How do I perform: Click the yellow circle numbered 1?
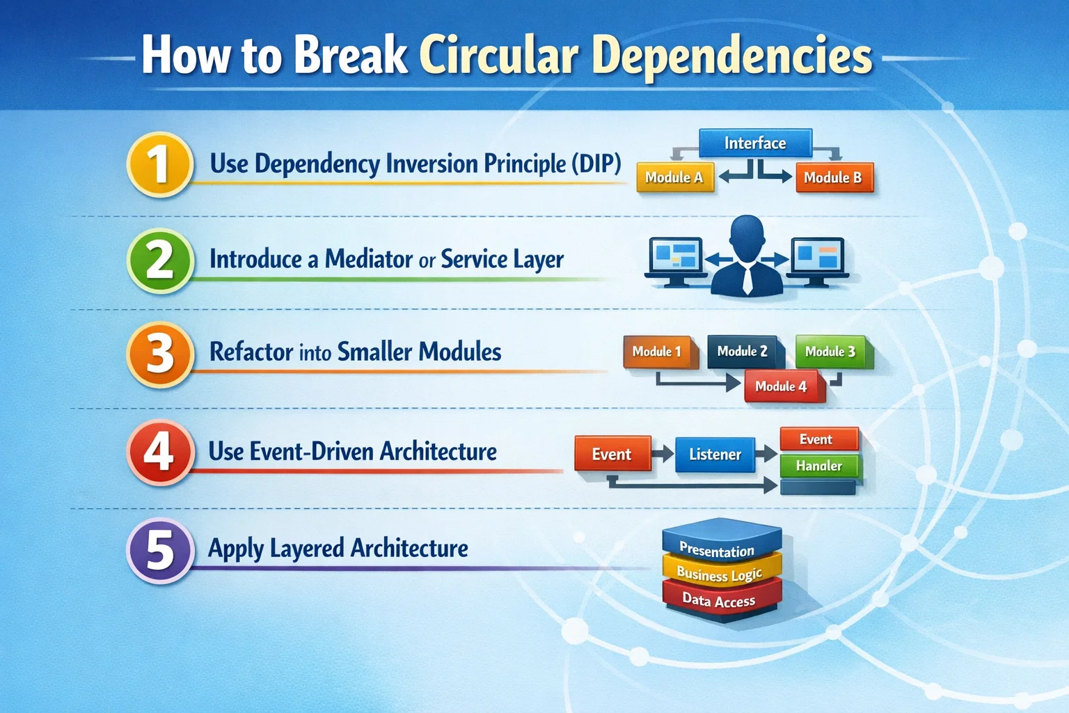click(160, 164)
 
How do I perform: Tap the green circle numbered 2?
click(160, 260)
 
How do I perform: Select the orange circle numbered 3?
click(160, 353)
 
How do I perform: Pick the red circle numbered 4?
click(160, 451)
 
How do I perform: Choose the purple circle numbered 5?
click(160, 549)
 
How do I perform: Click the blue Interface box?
click(755, 143)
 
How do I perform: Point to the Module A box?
click(674, 178)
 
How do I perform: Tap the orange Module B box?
click(833, 178)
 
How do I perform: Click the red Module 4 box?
click(782, 386)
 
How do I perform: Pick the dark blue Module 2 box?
click(743, 351)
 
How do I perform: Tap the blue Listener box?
click(715, 455)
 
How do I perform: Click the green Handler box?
click(819, 466)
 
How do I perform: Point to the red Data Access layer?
click(720, 600)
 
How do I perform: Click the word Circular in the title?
click(498, 55)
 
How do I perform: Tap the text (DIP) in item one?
click(596, 164)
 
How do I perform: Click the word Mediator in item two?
click(369, 259)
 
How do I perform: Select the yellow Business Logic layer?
click(720, 574)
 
